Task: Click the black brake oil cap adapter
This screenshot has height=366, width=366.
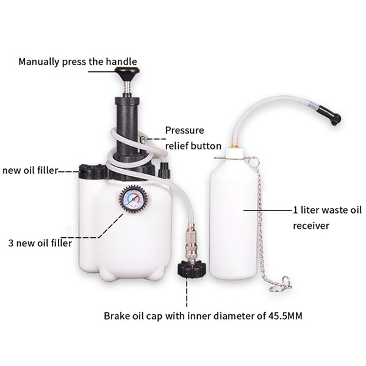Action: pos(192,268)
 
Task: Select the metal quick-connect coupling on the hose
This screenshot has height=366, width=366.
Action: pos(192,240)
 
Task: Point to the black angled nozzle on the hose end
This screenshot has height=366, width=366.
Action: pos(330,115)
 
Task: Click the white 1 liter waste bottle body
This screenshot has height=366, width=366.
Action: pos(234,217)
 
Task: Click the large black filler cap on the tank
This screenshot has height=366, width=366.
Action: pos(92,171)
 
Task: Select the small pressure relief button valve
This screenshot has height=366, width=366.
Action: pos(142,140)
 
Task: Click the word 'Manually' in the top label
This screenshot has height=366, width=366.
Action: pos(39,62)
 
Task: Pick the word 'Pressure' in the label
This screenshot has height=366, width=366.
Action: pos(185,131)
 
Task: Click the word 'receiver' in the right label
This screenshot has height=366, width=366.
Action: pos(311,226)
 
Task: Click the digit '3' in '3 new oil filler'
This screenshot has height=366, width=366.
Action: pos(11,243)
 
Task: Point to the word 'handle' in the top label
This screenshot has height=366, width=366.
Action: pos(121,62)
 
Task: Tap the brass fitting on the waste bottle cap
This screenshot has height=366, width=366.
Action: pos(234,142)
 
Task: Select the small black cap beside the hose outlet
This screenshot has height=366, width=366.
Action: pos(164,170)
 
